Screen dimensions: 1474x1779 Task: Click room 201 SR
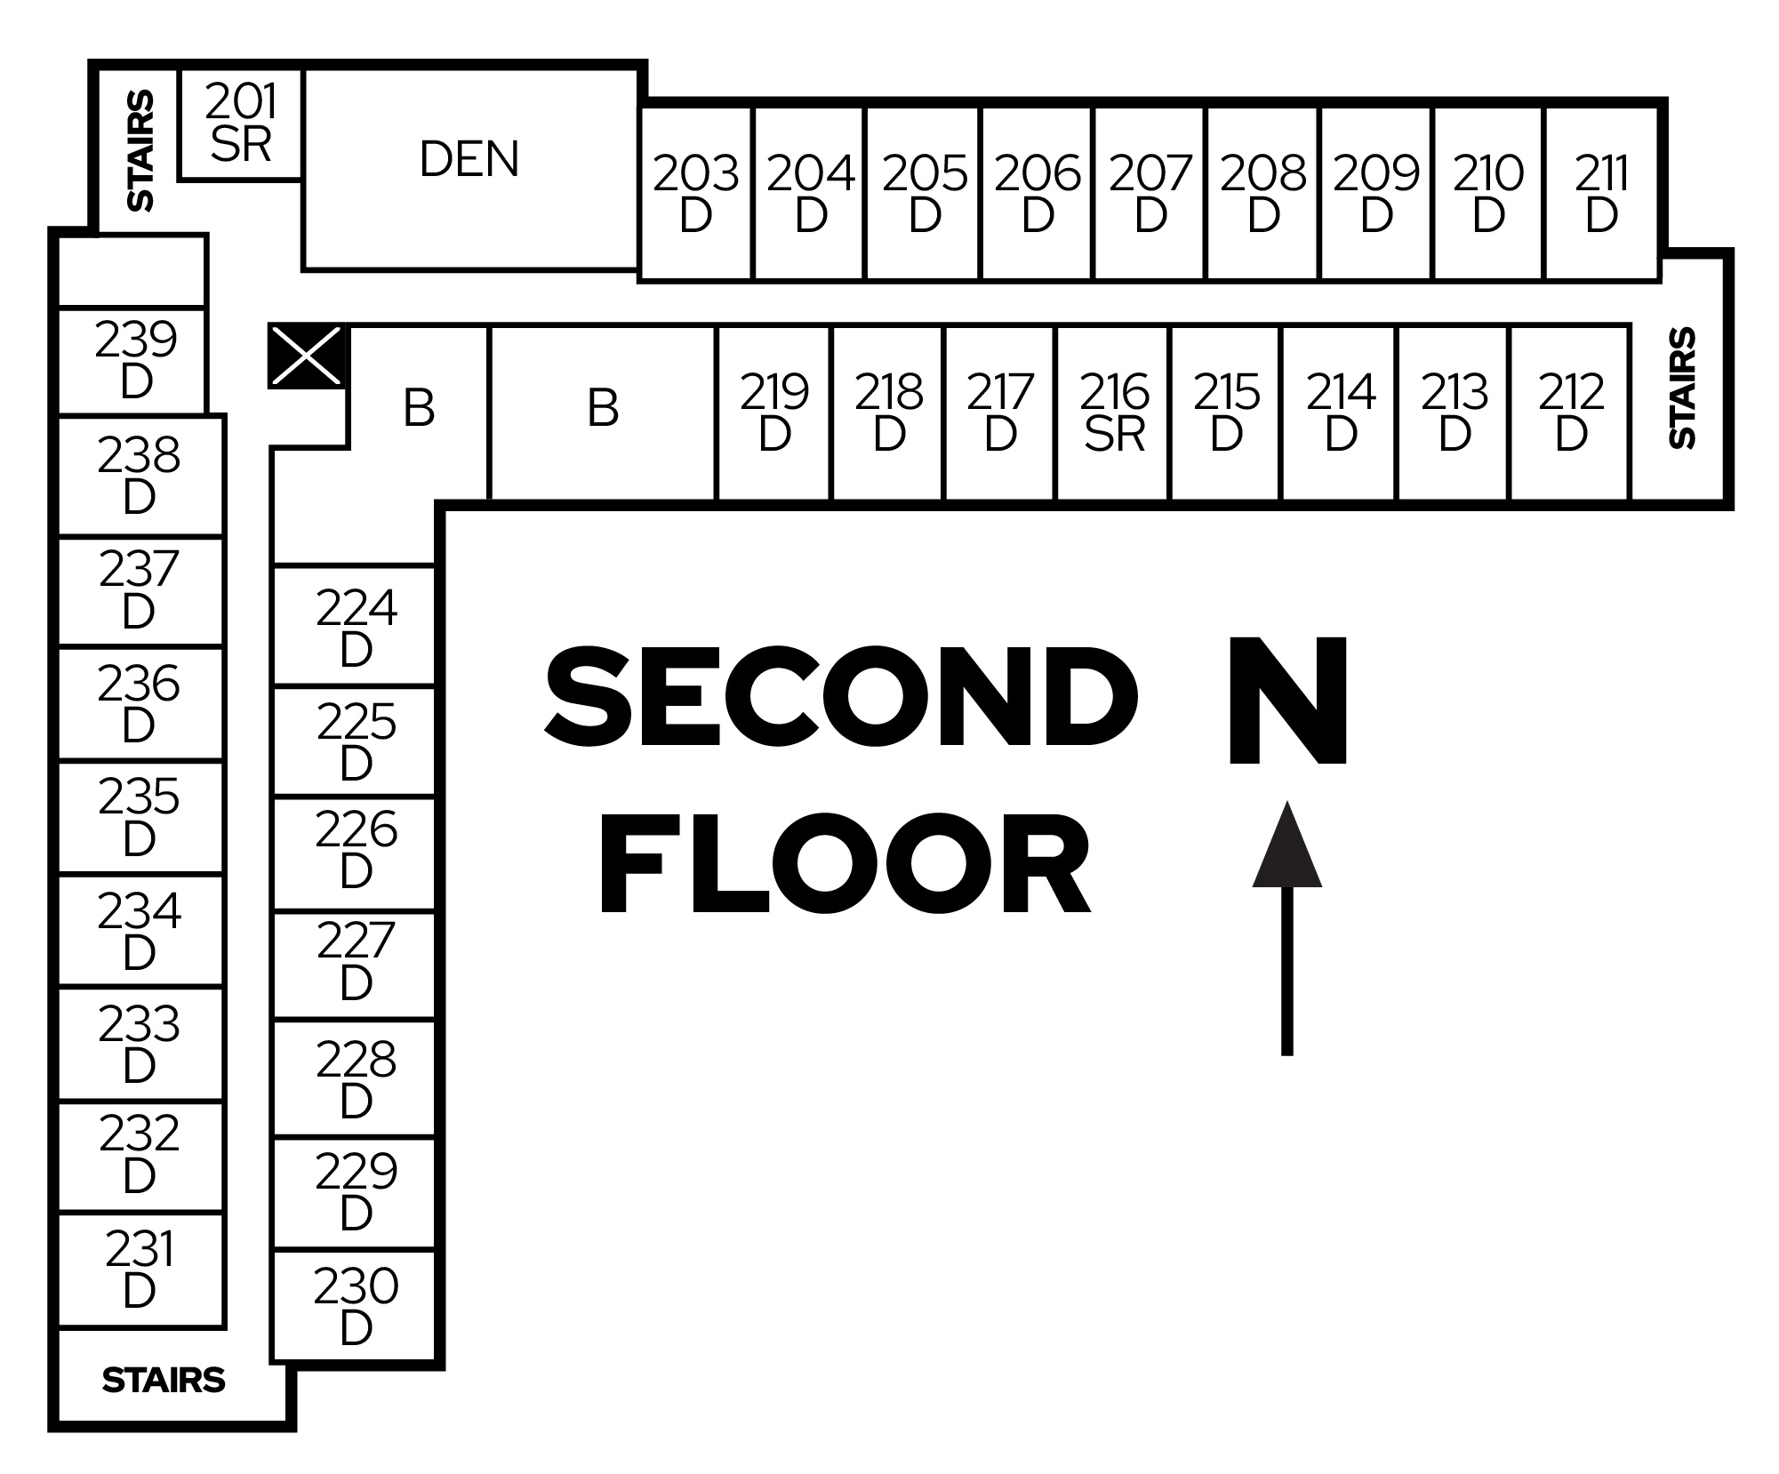point(240,124)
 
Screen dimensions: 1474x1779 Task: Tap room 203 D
point(695,193)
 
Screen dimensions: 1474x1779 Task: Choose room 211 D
point(1601,193)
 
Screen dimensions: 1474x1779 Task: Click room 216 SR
point(1114,413)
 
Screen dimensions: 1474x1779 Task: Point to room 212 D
point(1571,413)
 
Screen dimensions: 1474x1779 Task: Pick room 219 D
point(774,413)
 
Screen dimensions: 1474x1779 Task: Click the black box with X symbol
point(306,356)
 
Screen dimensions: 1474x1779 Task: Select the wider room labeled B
point(603,409)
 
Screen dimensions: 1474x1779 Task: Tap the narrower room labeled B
point(419,409)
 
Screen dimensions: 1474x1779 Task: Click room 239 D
point(135,360)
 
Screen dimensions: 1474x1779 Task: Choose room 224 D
point(356,628)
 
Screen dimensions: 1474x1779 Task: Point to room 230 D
point(356,1306)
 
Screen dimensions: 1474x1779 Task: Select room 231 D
point(140,1270)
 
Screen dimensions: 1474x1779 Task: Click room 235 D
point(140,817)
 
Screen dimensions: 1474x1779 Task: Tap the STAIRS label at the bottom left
point(164,1380)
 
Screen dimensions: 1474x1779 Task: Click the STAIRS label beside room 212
point(1682,388)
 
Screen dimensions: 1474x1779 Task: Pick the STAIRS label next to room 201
point(140,151)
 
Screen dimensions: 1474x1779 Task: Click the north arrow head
point(1286,849)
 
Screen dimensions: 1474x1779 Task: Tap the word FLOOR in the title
point(845,865)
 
